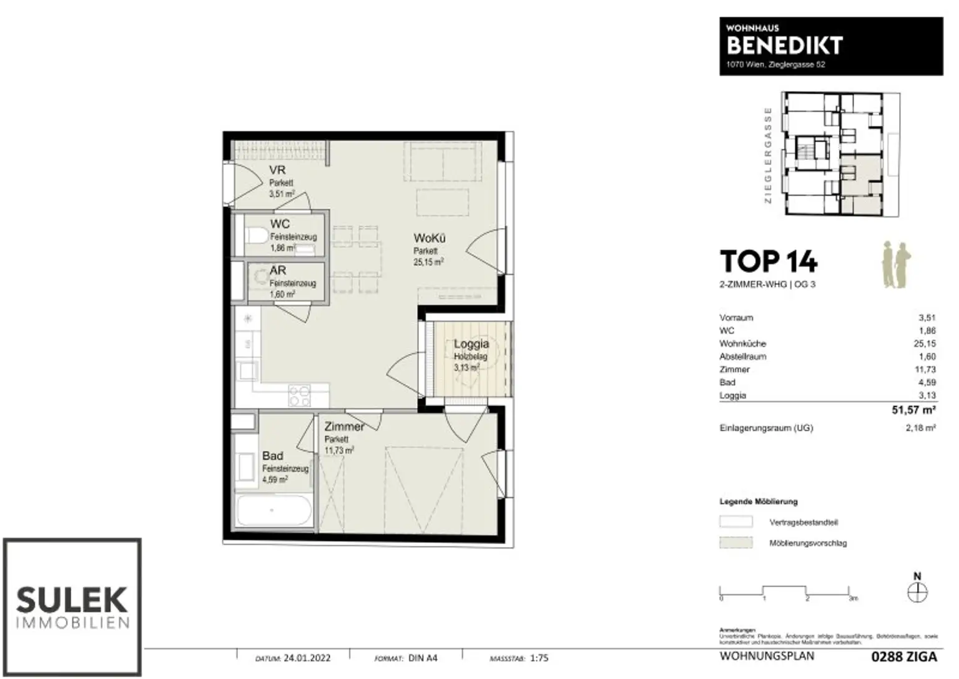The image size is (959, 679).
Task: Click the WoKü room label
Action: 429,239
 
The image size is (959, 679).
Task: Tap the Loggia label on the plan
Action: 471,344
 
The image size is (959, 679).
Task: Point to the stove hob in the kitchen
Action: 300,394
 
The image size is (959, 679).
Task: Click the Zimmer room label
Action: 344,427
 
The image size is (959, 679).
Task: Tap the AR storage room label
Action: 278,270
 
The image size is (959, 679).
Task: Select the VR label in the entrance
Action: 278,171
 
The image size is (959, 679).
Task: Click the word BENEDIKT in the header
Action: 784,46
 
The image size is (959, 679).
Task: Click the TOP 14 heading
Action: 768,262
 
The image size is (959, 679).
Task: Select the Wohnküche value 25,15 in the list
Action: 924,344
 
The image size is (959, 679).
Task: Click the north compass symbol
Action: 917,592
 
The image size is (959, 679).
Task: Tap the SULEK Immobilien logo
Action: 72,607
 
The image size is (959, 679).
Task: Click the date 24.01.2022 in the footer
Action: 307,658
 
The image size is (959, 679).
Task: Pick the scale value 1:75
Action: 539,658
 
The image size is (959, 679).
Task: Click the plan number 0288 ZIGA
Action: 903,657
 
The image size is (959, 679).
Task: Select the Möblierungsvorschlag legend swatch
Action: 736,543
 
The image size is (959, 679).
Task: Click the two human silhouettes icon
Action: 896,265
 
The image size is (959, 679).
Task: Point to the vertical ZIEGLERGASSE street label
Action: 768,155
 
